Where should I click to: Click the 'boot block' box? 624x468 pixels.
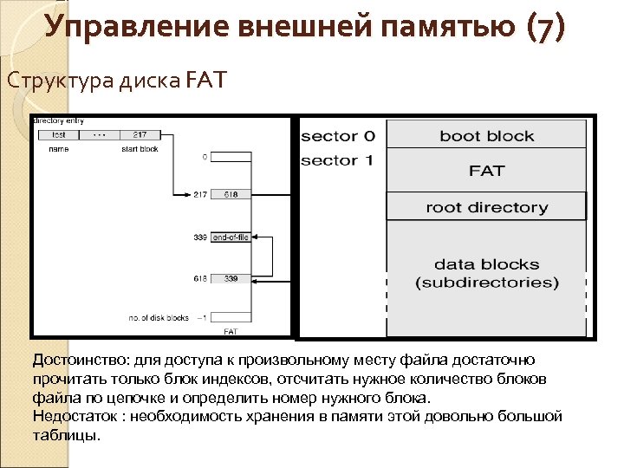pos(486,136)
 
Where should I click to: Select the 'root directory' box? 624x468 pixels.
pos(486,207)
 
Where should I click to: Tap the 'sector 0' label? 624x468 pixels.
pos(338,136)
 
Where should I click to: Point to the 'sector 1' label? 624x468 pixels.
pos(338,161)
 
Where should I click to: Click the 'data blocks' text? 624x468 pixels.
pos(486,264)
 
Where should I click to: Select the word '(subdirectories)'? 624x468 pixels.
pos(486,283)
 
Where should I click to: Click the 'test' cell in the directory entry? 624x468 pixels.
pos(59,134)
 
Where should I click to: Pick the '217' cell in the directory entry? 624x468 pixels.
pos(140,134)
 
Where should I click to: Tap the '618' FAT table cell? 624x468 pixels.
pos(231,194)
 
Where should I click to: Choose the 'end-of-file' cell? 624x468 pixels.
pos(231,237)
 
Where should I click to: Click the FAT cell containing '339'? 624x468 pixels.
pos(231,279)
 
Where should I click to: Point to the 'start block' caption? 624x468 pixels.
pos(140,149)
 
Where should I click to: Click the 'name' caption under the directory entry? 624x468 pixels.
pos(59,149)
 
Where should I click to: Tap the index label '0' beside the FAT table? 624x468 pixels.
pos(205,158)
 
